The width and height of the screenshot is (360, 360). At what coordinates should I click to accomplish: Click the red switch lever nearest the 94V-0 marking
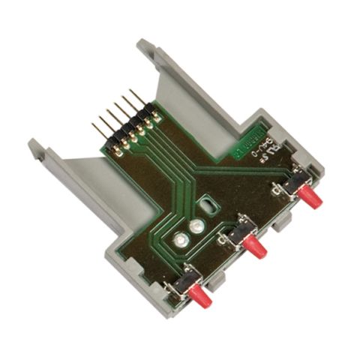coord(310,199)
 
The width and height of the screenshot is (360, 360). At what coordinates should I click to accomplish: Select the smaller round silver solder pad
coord(196,225)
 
